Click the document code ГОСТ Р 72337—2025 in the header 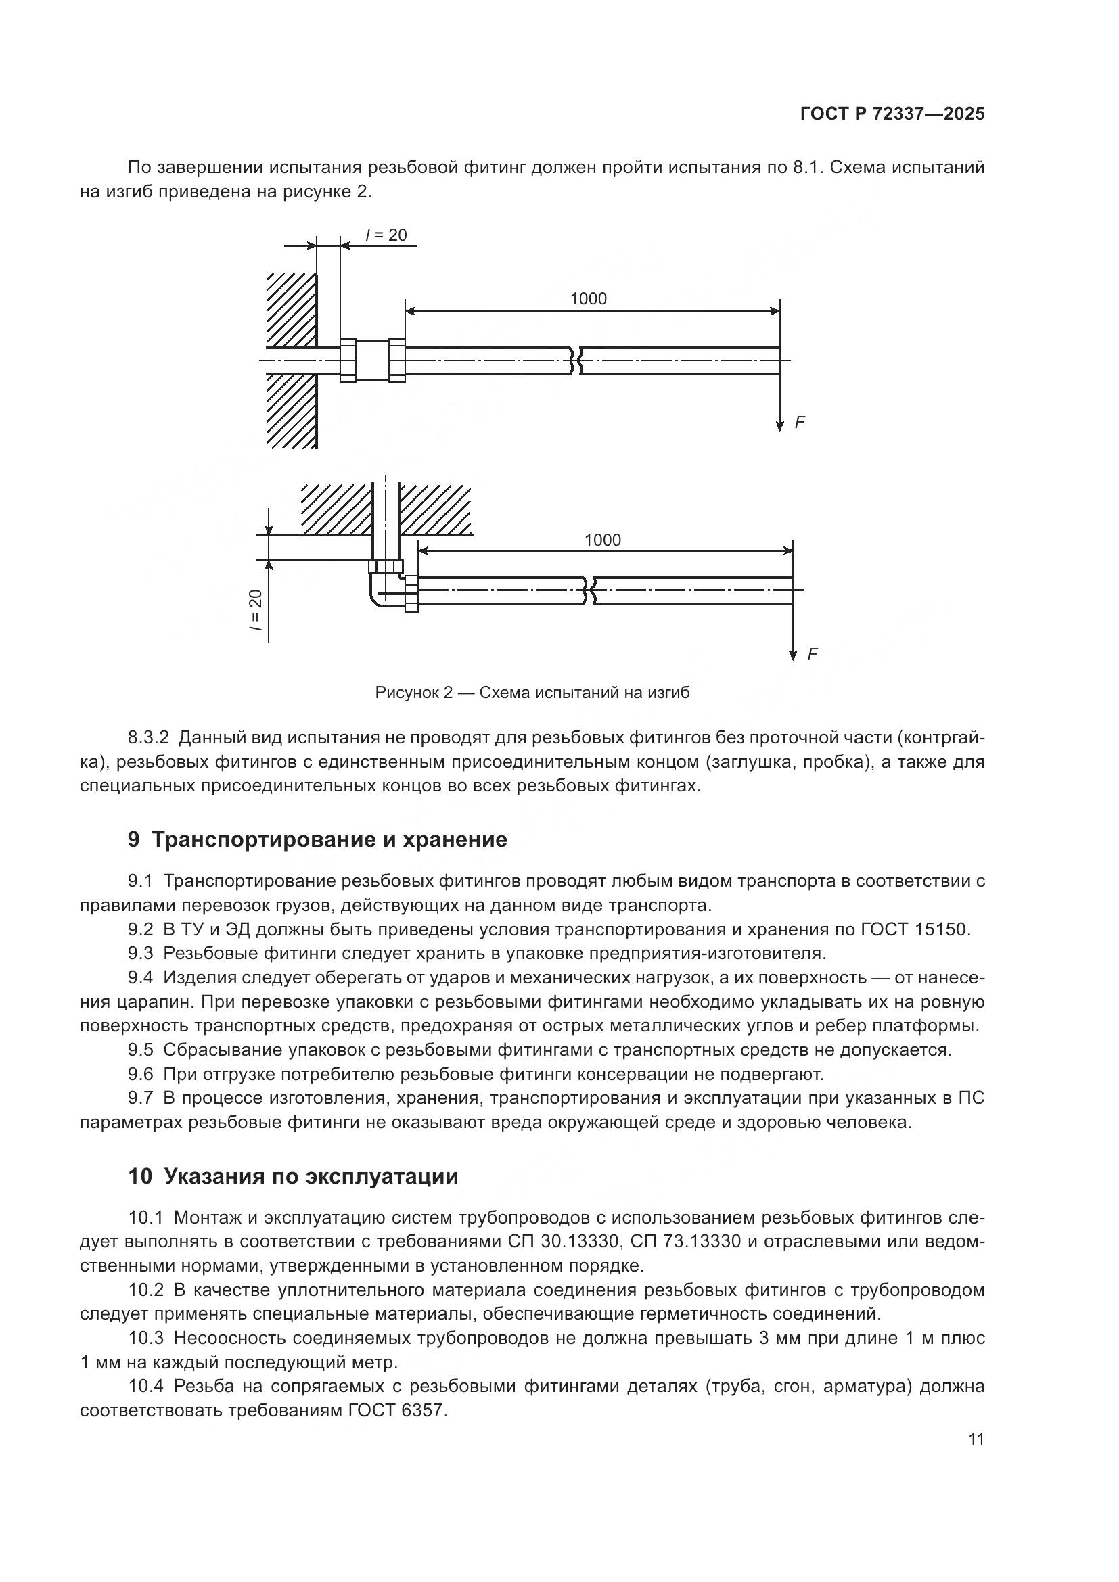click(892, 114)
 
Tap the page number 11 click(976, 1439)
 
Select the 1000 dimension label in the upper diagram click(589, 298)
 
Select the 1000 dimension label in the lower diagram click(602, 540)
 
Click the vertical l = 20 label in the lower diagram click(256, 611)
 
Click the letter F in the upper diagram click(799, 422)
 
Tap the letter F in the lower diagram click(813, 654)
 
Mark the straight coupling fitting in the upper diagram click(373, 360)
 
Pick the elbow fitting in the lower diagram click(390, 585)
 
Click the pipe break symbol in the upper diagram click(575, 360)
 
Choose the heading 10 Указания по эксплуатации click(293, 1176)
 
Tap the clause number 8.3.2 click(148, 738)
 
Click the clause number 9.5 click(141, 1050)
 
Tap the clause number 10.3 click(145, 1338)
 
